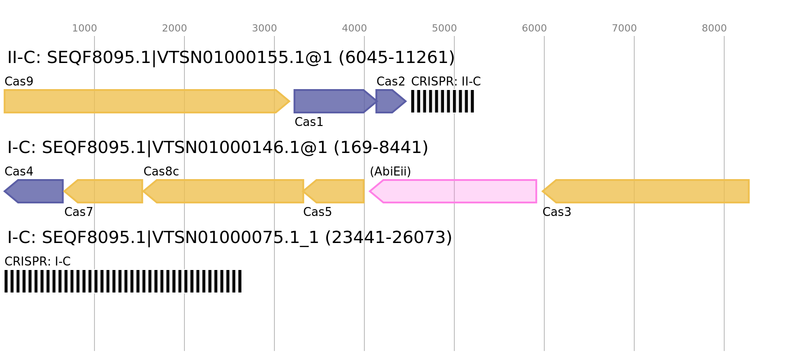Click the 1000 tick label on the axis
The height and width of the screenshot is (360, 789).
tap(85, 28)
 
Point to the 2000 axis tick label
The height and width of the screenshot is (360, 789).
tap(175, 28)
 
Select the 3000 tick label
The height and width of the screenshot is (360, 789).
tap(264, 28)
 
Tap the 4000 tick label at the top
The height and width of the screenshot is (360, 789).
tap(354, 28)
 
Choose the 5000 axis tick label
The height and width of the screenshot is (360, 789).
tap(444, 28)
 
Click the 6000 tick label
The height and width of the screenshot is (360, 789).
tap(534, 28)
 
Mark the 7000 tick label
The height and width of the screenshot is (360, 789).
tap(624, 28)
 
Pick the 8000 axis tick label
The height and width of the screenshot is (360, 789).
tap(714, 28)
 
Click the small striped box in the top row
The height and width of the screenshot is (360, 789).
tap(443, 101)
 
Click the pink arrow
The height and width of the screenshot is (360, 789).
tap(454, 191)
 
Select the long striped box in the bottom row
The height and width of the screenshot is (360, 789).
tap(123, 281)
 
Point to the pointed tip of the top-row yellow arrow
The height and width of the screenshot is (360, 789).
tap(289, 101)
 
